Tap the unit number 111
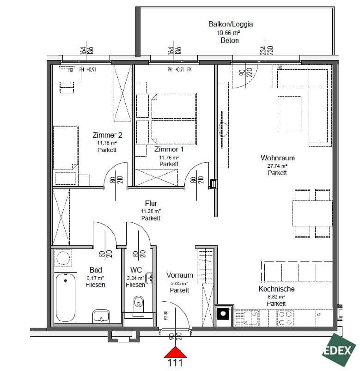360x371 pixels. pos(175,363)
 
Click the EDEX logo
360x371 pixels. pos(339,351)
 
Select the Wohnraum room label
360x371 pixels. pos(277,158)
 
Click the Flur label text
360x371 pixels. pos(151,203)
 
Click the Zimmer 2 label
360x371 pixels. pos(107,135)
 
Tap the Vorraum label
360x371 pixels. pos(179,275)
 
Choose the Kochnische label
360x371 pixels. pos(276,289)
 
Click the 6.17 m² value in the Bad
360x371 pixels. pos(95,278)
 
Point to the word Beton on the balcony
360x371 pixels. pos(230,40)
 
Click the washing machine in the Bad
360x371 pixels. pos(63,258)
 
